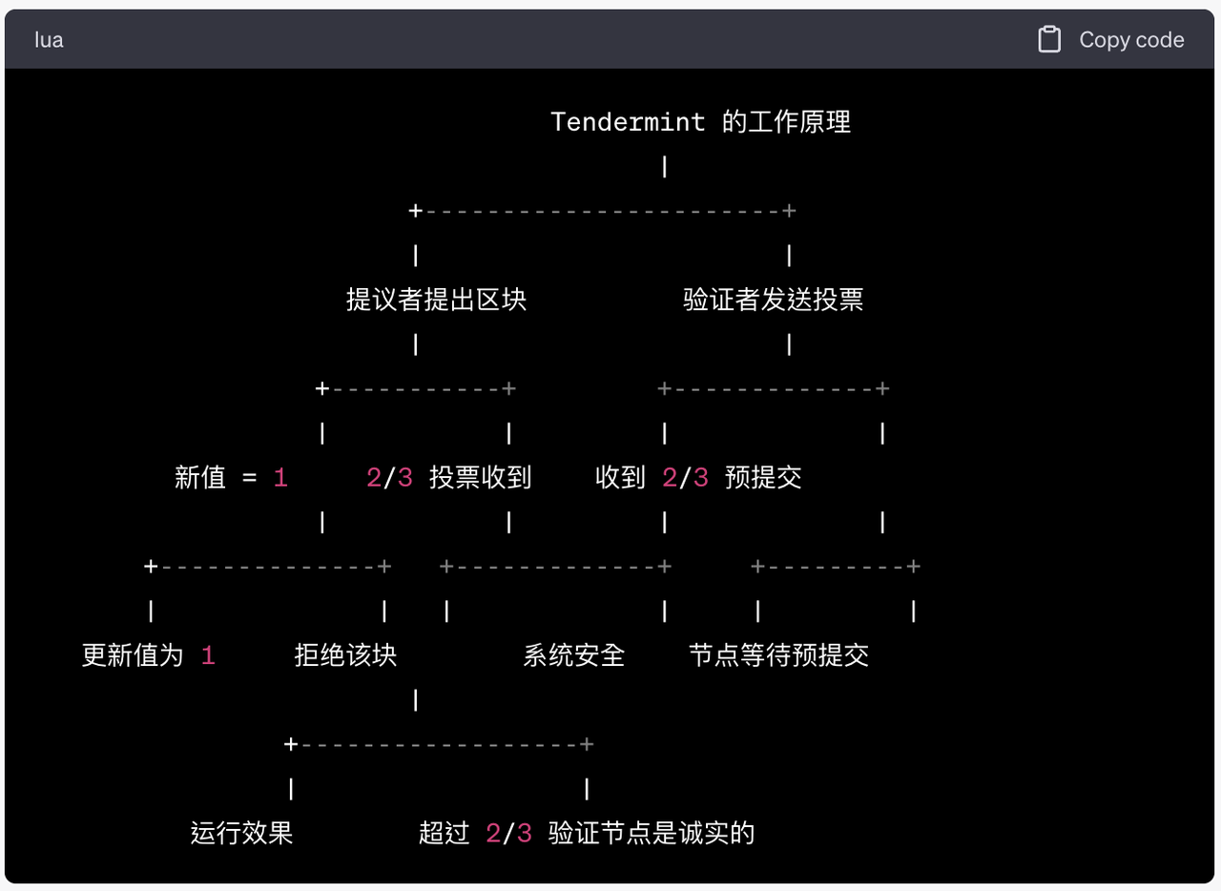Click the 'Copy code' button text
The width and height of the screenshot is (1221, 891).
point(1131,40)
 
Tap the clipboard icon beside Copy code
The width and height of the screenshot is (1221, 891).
point(1049,39)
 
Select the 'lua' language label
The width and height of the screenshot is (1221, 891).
point(49,40)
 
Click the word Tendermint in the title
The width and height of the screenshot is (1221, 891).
point(628,121)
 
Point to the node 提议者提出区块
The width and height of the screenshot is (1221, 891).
point(436,300)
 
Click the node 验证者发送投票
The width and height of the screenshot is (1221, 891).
point(774,300)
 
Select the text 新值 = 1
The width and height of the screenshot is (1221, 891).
point(231,478)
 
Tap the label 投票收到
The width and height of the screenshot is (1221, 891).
point(480,478)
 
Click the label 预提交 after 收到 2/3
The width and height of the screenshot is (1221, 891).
point(763,478)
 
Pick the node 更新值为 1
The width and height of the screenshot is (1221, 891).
point(149,654)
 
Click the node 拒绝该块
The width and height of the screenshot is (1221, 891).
point(345,654)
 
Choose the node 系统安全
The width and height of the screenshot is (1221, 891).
point(574,654)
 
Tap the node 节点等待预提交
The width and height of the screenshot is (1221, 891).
point(779,654)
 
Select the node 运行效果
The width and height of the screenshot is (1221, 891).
point(241,833)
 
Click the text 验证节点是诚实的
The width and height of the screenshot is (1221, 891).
point(652,833)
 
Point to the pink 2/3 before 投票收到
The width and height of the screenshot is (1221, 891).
point(389,478)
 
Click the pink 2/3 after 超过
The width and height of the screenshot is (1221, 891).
point(508,833)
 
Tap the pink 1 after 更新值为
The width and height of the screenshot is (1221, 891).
point(208,654)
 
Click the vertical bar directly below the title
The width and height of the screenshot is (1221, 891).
point(665,166)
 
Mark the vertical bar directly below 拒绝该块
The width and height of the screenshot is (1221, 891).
point(415,699)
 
